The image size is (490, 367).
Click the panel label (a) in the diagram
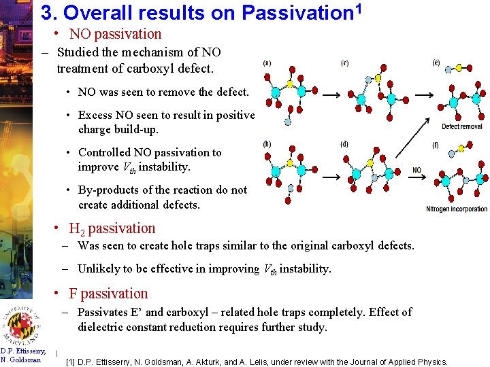267,63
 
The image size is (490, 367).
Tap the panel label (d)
344,144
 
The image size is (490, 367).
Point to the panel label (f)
436,144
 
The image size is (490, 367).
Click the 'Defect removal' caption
461,126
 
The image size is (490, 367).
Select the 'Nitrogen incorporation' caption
457,209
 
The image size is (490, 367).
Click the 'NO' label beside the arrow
416,170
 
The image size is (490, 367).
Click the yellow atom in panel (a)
291,84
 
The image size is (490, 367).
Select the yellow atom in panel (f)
462,147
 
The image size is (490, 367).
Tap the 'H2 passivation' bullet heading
112,228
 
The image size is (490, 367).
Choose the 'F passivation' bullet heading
108,294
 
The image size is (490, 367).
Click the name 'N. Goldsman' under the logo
21,360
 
